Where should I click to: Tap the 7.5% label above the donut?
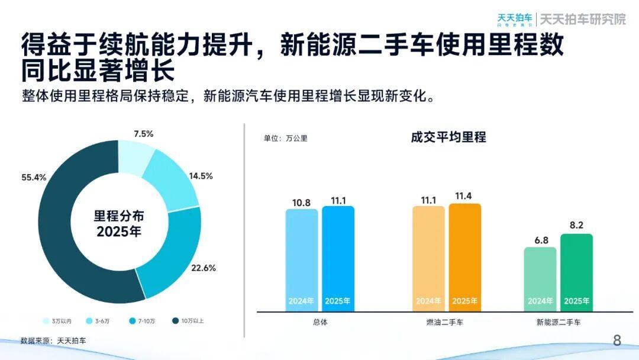coord(143,134)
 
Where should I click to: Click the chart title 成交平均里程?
coord(448,137)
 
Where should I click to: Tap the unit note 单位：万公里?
coord(285,139)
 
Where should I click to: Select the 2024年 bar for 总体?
coord(302,261)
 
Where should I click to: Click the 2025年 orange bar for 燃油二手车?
coord(465,258)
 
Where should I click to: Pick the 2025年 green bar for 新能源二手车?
coord(576,272)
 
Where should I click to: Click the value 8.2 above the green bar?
coord(576,226)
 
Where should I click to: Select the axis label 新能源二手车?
coord(559,323)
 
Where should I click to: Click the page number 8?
coord(617,340)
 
